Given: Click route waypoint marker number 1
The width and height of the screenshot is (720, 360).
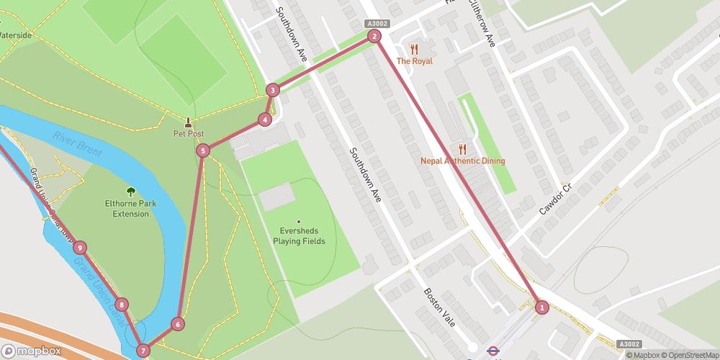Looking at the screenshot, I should (x=542, y=307).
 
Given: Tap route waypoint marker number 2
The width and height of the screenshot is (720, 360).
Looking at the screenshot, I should (x=374, y=36).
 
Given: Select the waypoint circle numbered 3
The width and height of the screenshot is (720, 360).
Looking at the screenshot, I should (x=272, y=90).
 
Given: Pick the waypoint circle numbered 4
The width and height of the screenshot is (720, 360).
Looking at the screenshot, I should (x=266, y=120).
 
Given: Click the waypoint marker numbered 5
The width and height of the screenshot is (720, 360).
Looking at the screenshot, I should (x=203, y=150).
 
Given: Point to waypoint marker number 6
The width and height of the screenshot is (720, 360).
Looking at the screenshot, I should (x=177, y=324).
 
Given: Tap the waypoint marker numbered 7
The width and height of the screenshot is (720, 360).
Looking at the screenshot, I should (x=144, y=351).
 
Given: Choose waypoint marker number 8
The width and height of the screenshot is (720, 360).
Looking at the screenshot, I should (x=122, y=305).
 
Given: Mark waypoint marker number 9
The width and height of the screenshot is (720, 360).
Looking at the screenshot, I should (x=79, y=248).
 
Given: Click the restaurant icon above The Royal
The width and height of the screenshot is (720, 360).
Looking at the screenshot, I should (x=414, y=49).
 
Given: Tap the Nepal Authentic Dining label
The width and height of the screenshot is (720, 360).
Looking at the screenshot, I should (x=462, y=161).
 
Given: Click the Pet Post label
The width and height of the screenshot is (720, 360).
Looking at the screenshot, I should (x=189, y=134).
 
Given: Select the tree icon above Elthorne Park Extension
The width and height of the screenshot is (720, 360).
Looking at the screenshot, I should (x=130, y=192).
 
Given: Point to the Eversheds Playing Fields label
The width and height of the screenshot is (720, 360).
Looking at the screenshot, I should (x=299, y=235).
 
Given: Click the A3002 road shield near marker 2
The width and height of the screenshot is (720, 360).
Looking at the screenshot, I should (x=377, y=23).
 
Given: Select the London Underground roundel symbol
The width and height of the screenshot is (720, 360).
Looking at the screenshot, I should (x=493, y=351).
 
